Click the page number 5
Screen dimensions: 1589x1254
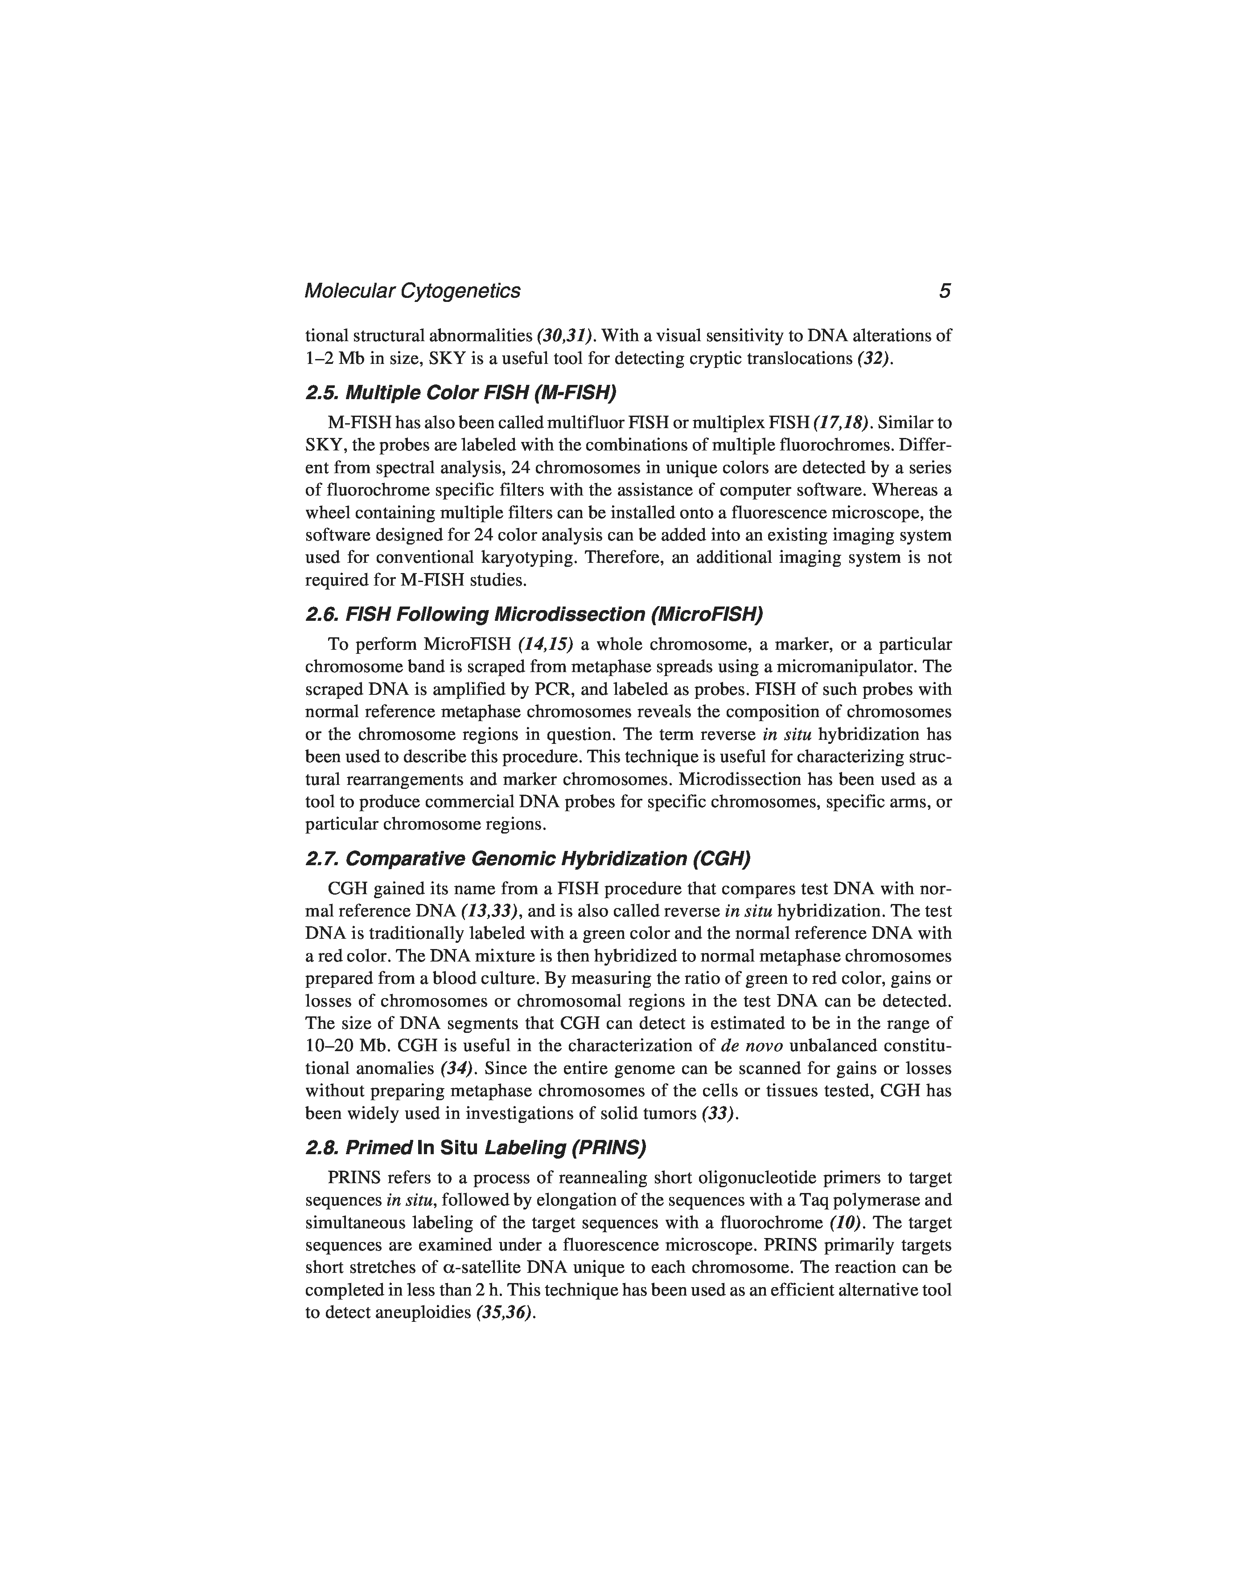click(944, 292)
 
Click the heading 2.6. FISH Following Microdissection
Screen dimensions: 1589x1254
click(534, 614)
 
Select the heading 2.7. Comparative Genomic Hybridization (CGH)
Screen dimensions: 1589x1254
click(528, 858)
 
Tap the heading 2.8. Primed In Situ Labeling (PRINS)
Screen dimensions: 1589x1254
click(475, 1147)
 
